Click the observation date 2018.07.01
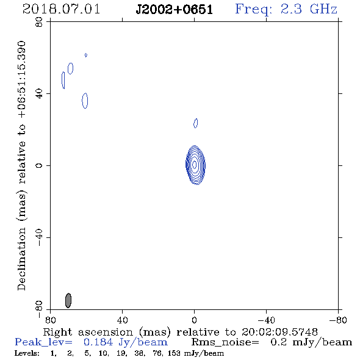point(61,9)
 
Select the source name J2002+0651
point(175,10)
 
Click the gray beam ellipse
point(68,300)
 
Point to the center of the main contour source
point(195,165)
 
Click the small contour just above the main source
point(196,123)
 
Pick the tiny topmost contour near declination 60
point(86,55)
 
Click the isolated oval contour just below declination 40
point(85,101)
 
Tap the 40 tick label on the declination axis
point(39,94)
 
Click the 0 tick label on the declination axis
point(39,165)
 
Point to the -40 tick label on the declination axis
point(39,237)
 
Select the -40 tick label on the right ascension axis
point(266,320)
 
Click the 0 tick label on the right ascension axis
point(194,320)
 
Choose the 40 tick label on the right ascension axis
point(122,320)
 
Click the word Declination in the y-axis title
point(21,259)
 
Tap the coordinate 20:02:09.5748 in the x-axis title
point(279,332)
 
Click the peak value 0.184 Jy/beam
point(126,342)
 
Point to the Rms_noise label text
point(225,342)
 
